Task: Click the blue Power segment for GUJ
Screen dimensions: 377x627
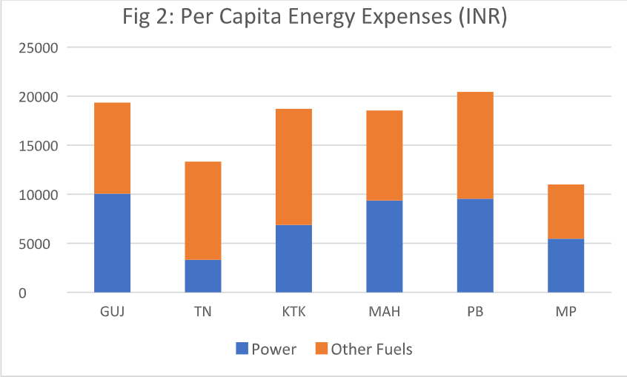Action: click(x=112, y=243)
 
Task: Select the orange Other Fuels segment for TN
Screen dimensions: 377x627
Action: click(x=202, y=210)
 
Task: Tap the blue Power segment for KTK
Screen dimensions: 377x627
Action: click(x=293, y=258)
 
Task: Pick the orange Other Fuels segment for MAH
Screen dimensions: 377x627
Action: click(x=384, y=156)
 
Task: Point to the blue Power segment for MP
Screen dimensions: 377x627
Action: click(x=565, y=265)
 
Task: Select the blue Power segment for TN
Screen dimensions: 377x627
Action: click(x=202, y=276)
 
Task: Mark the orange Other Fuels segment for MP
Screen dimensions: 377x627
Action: click(x=565, y=211)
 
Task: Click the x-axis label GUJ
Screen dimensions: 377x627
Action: click(x=112, y=312)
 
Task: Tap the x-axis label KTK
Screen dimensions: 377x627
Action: click(x=293, y=312)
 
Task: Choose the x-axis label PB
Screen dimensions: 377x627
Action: click(x=475, y=312)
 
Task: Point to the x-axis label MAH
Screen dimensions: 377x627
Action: click(x=384, y=312)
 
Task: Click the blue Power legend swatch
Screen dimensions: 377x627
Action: click(x=242, y=348)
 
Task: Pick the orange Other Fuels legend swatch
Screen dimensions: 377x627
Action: click(x=321, y=348)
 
